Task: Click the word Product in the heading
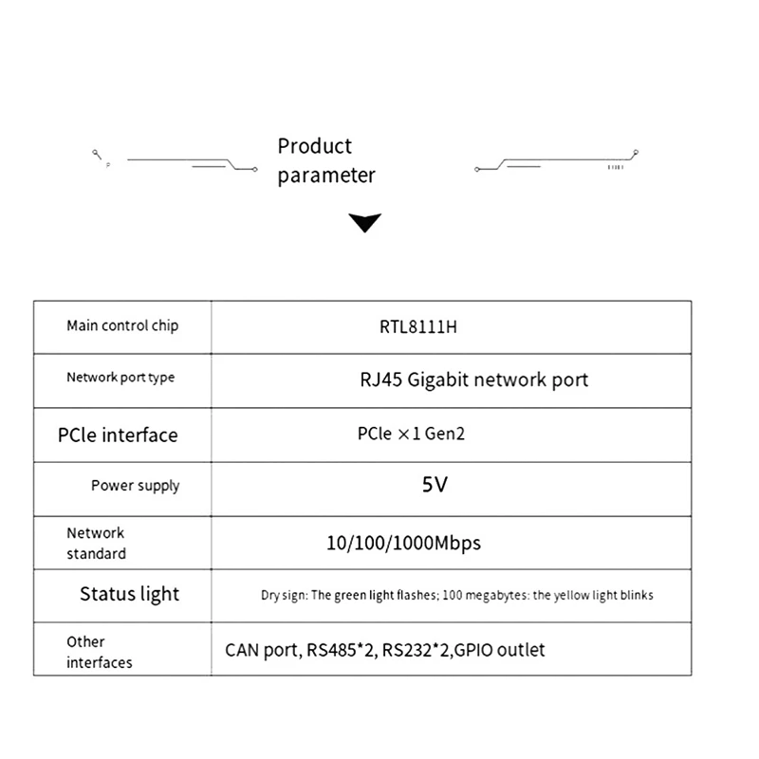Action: click(315, 146)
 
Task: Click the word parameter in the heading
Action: click(326, 176)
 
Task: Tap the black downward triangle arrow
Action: click(365, 223)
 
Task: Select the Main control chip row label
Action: click(122, 326)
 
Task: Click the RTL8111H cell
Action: click(418, 327)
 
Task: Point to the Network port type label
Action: click(120, 378)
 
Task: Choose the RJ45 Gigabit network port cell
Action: click(473, 380)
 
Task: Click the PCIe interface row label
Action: click(118, 435)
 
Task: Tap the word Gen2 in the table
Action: click(445, 434)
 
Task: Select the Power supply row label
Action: click(135, 486)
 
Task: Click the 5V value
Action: click(435, 485)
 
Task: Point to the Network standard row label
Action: click(97, 543)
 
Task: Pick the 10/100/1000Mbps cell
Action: click(404, 544)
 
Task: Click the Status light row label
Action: click(129, 595)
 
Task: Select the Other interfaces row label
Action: click(100, 652)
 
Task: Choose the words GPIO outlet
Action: click(500, 650)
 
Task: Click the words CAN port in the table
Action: click(264, 651)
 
